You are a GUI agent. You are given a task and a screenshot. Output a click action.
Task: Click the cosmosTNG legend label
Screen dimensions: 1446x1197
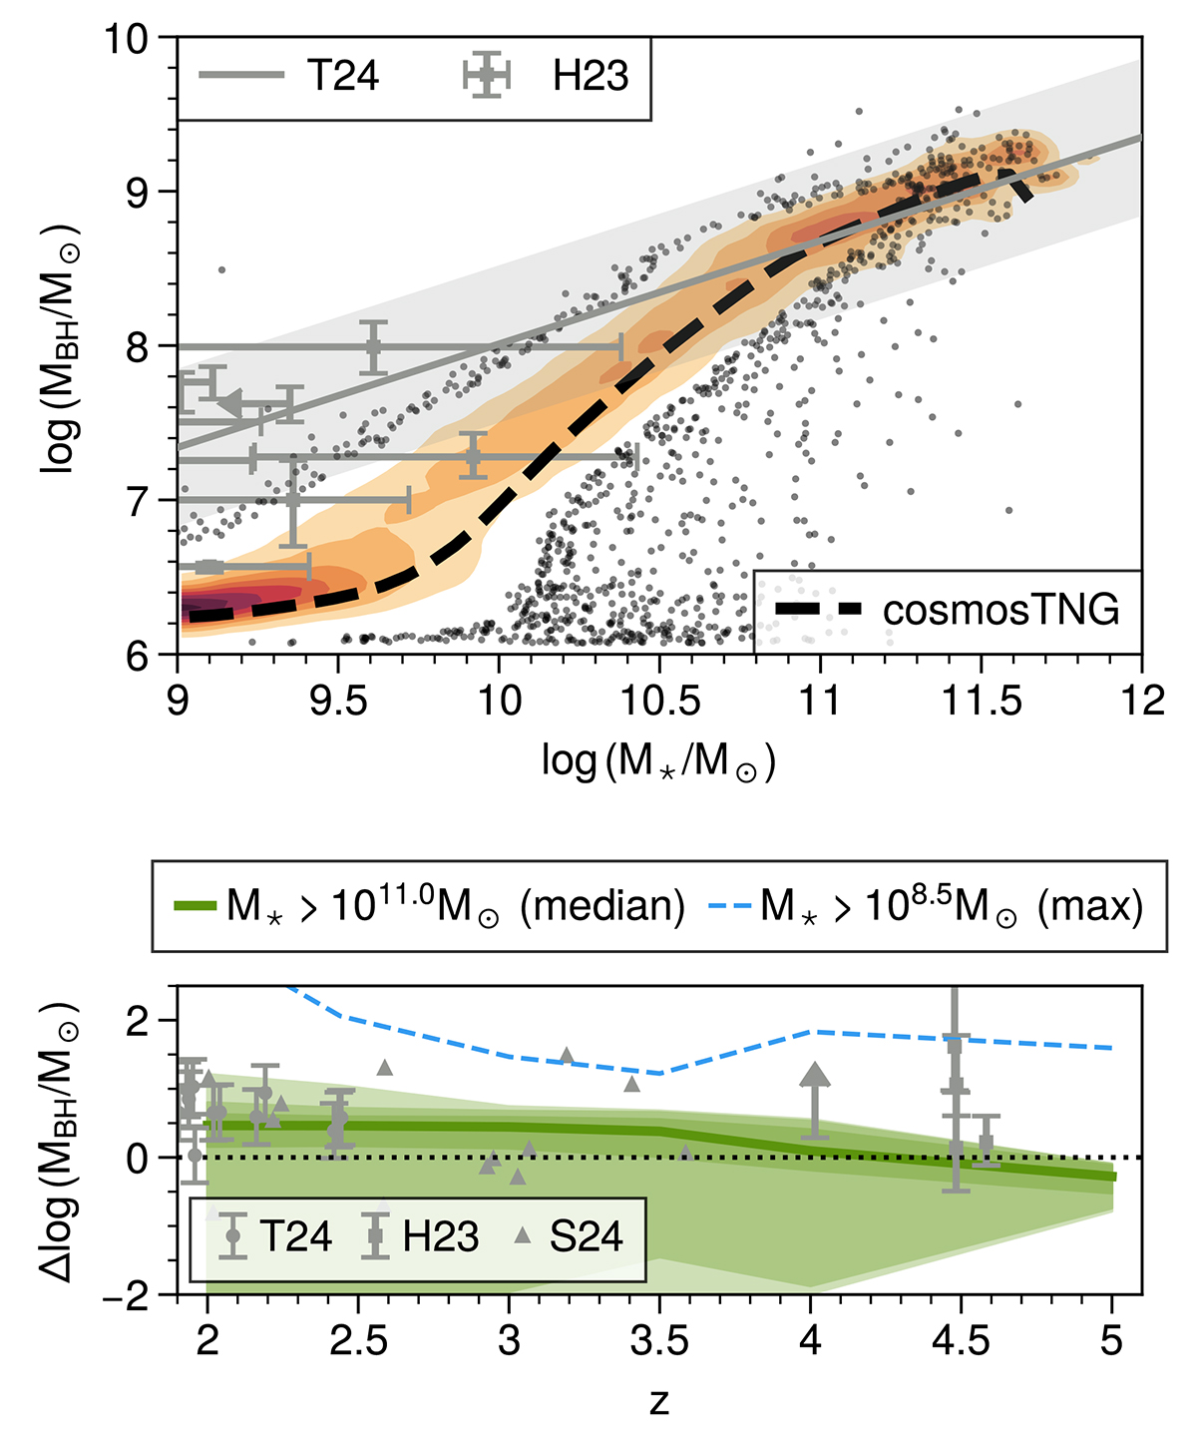pos(1000,610)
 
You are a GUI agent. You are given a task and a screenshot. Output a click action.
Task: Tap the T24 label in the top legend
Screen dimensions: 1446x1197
pos(342,76)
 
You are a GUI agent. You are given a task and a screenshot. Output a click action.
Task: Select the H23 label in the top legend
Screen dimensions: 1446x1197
pos(591,76)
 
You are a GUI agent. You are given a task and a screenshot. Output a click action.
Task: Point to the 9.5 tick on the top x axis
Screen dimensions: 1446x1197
pos(338,701)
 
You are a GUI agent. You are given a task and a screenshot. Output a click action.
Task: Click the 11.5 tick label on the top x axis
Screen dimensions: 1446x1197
pos(981,701)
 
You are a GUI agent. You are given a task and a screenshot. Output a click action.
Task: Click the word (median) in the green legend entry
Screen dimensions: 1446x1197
pos(603,906)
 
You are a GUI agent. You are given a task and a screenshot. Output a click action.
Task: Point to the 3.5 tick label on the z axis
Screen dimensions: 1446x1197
pos(659,1340)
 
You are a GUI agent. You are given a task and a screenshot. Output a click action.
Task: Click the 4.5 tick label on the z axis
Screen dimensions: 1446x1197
pos(961,1340)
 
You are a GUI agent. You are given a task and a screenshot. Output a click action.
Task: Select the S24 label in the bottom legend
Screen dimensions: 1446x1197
pos(587,1236)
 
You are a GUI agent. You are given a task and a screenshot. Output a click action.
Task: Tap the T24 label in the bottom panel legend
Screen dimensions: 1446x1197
pos(296,1236)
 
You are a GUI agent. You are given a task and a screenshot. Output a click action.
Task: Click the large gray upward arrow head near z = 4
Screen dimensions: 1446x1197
pos(815,1075)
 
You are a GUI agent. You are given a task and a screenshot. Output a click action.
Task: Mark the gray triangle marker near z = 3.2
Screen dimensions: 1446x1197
pos(567,1056)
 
